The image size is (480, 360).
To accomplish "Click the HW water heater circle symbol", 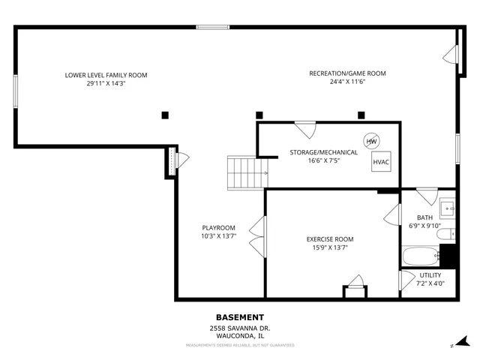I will (371, 141).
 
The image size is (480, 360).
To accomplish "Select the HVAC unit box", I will (381, 162).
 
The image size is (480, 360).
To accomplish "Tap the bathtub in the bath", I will (421, 256).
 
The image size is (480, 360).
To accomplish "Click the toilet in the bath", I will (445, 235).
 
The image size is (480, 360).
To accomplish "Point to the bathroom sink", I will (446, 207).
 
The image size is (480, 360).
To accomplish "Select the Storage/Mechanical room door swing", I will (305, 129).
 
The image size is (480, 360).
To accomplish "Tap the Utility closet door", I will (407, 280).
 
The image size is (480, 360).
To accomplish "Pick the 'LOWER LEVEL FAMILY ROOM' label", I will (106, 75).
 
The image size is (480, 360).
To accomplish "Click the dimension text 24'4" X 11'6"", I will (347, 83).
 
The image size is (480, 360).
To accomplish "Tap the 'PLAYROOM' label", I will (218, 228).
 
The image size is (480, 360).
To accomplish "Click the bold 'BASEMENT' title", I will (240, 317).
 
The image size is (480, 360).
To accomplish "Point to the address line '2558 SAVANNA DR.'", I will (240, 328).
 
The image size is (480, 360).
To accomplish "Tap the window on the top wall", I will (213, 28).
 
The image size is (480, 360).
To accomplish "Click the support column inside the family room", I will (165, 115).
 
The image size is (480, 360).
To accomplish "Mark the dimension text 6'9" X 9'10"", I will (424, 226).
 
